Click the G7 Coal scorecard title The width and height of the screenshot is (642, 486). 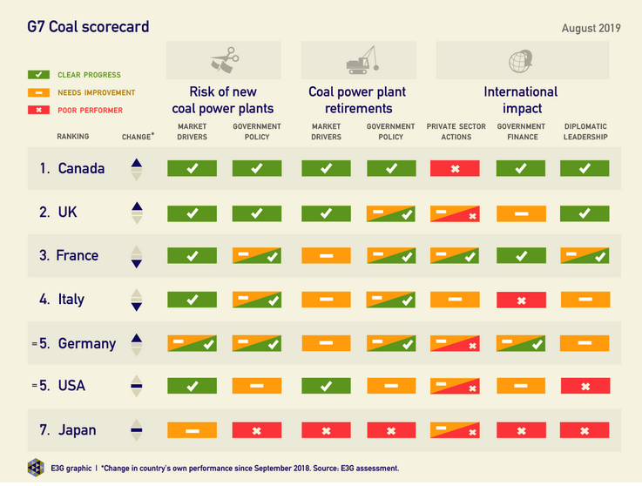(x=88, y=27)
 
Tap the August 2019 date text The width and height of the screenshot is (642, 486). (x=591, y=28)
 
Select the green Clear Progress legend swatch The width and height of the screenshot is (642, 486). (x=39, y=76)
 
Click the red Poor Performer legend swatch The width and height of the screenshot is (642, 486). (x=39, y=111)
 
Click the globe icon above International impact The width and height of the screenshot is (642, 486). (x=521, y=62)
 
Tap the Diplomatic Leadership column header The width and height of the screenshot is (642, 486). (x=585, y=132)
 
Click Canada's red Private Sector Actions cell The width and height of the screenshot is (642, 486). (x=454, y=168)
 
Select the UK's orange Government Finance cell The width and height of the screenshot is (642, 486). (x=520, y=213)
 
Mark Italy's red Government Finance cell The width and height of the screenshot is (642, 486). (x=520, y=300)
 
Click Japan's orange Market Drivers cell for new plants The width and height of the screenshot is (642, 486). (x=192, y=430)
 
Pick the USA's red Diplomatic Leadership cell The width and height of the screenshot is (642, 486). (x=585, y=386)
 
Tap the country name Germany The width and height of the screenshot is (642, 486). (x=86, y=343)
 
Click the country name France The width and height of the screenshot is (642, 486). (x=77, y=256)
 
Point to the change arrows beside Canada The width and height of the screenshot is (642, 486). (x=135, y=168)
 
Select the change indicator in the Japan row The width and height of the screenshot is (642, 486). (x=135, y=429)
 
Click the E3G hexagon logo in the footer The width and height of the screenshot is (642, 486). (x=36, y=467)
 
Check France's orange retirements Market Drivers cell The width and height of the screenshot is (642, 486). (x=326, y=256)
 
